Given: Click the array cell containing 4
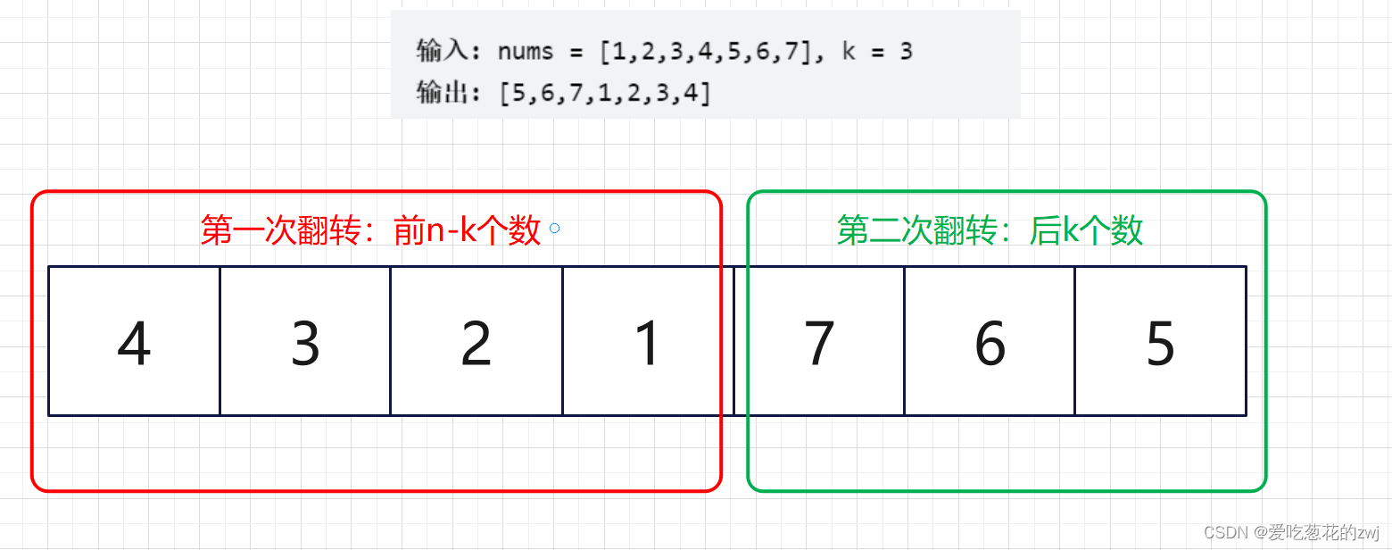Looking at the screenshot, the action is pyautogui.click(x=134, y=341).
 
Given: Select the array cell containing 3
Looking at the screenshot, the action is pyautogui.click(x=305, y=341).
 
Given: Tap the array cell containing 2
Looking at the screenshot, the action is pyautogui.click(x=476, y=341).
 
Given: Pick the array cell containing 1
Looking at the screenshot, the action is pyautogui.click(x=647, y=341).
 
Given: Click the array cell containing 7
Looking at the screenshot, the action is pyautogui.click(x=818, y=341).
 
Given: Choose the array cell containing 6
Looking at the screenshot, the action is pyautogui.click(x=989, y=341).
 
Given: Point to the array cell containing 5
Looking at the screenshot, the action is pyautogui.click(x=1160, y=341).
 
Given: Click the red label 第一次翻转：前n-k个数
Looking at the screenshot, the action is pyautogui.click(x=370, y=230).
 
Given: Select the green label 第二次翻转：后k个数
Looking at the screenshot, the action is pyautogui.click(x=990, y=230).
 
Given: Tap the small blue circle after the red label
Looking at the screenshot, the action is pyautogui.click(x=555, y=229).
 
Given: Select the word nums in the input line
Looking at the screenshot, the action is pyautogui.click(x=526, y=52).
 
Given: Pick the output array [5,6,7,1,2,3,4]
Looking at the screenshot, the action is pyautogui.click(x=606, y=92).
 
